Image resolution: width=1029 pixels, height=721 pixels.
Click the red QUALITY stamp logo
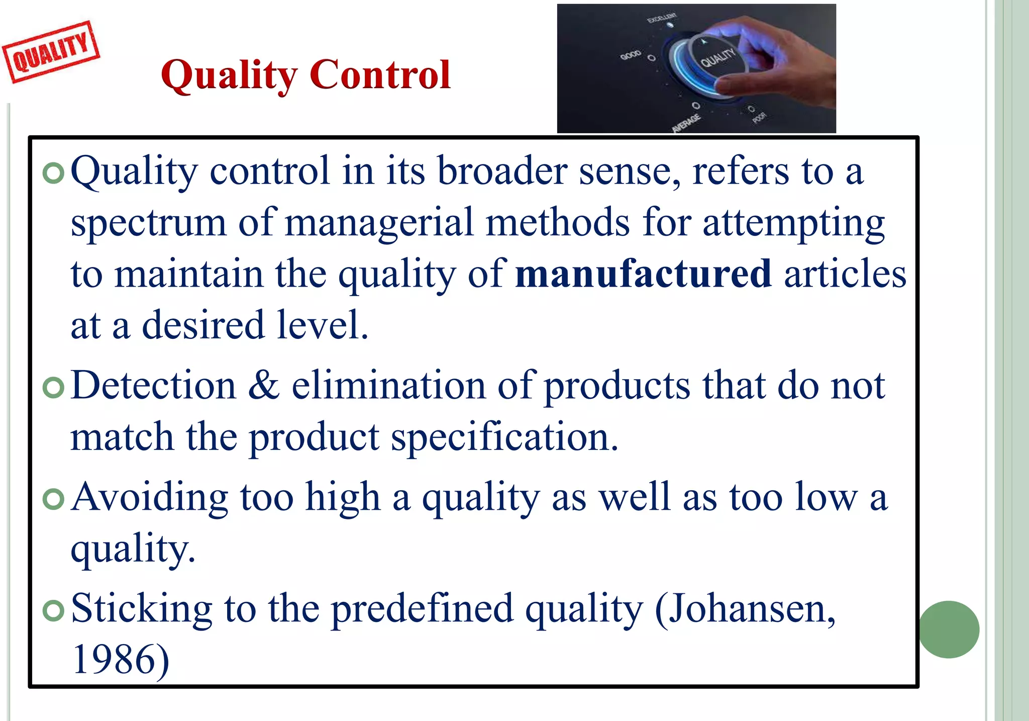[x=51, y=52]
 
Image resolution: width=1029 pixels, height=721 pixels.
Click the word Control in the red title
[x=380, y=75]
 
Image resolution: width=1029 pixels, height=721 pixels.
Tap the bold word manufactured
[x=643, y=274]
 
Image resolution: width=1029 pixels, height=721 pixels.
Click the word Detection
[x=153, y=386]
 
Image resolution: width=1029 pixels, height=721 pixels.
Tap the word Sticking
[x=142, y=609]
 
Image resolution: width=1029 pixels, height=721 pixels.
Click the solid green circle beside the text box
[x=949, y=629]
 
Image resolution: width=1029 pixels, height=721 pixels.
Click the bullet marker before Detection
[x=53, y=388]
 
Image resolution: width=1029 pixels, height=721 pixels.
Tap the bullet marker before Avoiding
[x=53, y=499]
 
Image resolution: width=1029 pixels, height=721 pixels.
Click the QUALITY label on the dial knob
[x=717, y=58]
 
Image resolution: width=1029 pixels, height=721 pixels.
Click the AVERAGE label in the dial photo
[x=686, y=123]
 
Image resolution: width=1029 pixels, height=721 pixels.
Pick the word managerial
[x=379, y=223]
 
